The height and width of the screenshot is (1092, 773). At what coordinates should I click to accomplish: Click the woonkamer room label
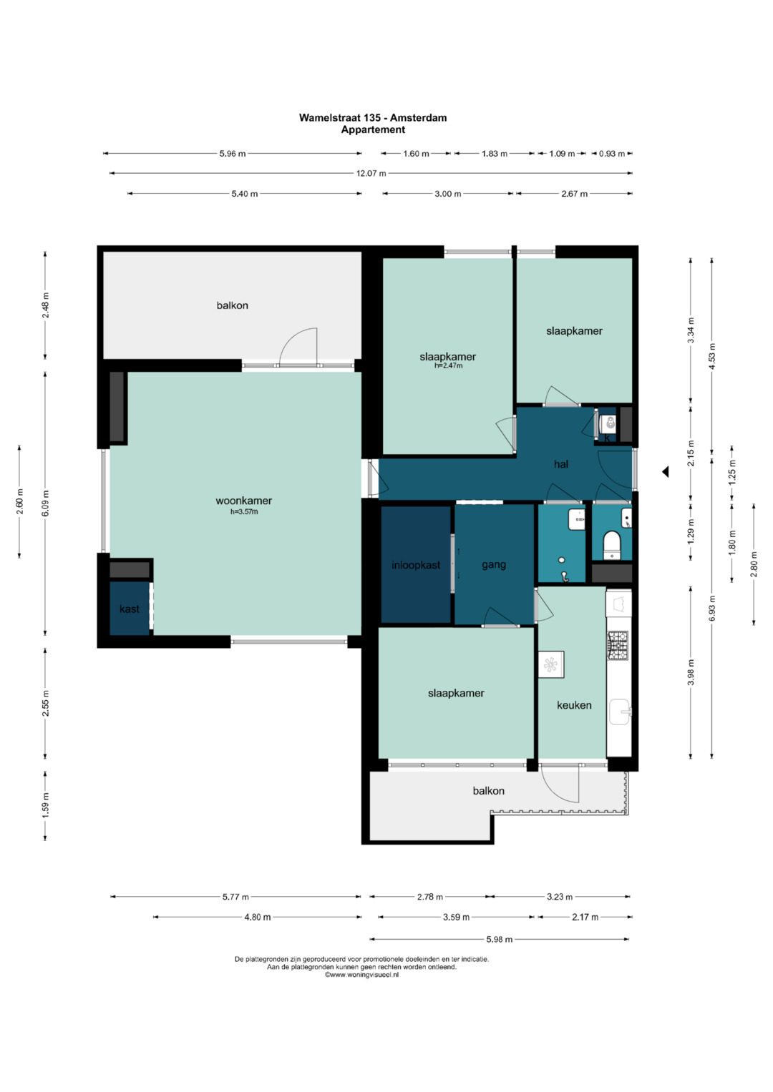(x=243, y=501)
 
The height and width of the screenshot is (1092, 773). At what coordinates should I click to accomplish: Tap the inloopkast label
(x=416, y=565)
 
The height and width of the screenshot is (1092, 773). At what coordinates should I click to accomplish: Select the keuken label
(x=574, y=705)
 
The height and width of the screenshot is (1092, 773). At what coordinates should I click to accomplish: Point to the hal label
(x=560, y=464)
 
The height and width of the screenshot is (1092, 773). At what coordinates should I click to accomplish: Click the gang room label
(x=493, y=565)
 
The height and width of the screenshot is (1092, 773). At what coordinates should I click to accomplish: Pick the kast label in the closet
(x=130, y=609)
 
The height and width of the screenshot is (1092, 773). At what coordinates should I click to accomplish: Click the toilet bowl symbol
(x=611, y=544)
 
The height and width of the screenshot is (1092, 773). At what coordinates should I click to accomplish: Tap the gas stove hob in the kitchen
(x=617, y=646)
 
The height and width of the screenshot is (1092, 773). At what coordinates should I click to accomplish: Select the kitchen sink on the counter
(x=619, y=713)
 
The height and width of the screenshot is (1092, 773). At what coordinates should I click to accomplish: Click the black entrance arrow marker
(x=665, y=471)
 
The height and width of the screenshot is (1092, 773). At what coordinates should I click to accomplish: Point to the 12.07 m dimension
(x=371, y=173)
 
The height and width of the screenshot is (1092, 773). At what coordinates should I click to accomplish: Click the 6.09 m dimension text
(x=45, y=504)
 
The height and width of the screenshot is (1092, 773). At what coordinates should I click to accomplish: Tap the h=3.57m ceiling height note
(x=244, y=512)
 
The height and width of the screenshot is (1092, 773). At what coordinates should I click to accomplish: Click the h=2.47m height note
(x=448, y=365)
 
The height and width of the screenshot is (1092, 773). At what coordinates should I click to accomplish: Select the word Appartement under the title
(x=373, y=129)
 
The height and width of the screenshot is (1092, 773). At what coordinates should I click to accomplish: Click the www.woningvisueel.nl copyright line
(x=361, y=975)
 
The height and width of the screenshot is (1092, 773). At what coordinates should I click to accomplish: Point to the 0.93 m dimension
(x=611, y=154)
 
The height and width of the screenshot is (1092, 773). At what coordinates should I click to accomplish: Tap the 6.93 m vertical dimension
(x=711, y=609)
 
